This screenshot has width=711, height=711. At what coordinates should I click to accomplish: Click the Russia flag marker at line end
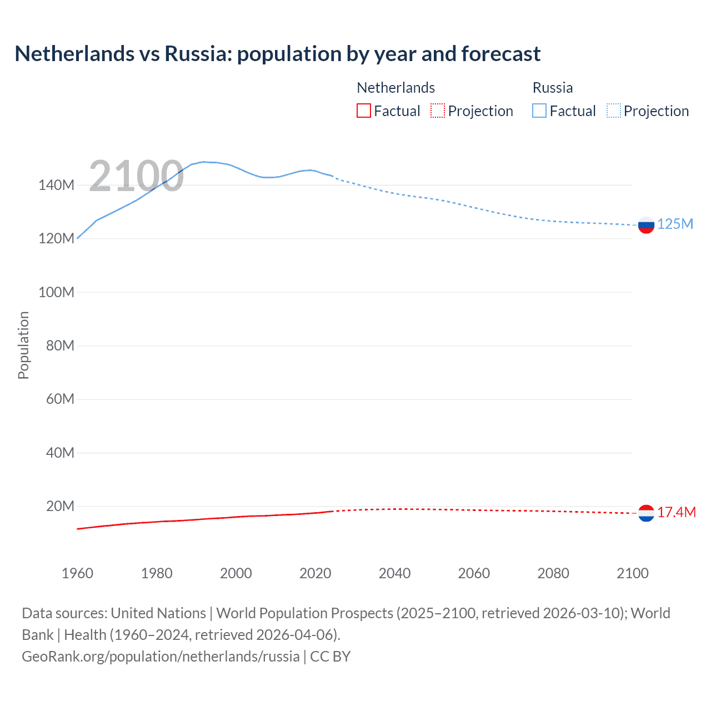click(x=646, y=225)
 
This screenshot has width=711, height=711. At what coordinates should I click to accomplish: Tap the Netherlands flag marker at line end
click(x=646, y=513)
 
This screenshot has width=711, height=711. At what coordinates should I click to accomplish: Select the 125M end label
click(x=675, y=224)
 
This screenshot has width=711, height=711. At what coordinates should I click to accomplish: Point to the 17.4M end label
click(x=676, y=512)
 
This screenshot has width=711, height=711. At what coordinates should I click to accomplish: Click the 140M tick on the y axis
click(x=56, y=185)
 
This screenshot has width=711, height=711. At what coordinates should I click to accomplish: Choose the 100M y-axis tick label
click(x=56, y=292)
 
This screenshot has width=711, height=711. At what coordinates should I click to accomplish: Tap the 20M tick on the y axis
click(x=60, y=506)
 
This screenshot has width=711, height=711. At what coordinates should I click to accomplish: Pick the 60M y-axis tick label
click(x=60, y=399)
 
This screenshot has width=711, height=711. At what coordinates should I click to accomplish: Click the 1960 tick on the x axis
click(x=77, y=573)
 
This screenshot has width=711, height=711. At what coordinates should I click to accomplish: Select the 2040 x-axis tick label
click(x=394, y=573)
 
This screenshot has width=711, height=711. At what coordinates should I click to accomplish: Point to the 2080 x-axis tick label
click(x=553, y=573)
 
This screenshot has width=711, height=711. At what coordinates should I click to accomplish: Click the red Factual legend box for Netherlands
click(x=363, y=111)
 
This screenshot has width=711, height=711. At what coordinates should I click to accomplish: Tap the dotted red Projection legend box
click(x=438, y=111)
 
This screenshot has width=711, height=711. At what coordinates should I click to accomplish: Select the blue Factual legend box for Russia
click(x=539, y=111)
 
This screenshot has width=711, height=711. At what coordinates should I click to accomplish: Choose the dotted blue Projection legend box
click(x=614, y=111)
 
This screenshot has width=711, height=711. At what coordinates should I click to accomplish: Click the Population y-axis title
click(x=23, y=345)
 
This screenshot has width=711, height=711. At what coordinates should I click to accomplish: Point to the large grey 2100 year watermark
click(x=136, y=176)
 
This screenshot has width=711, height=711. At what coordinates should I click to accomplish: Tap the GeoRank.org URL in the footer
click(x=161, y=657)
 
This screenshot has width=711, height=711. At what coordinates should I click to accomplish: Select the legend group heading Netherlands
click(x=395, y=88)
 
